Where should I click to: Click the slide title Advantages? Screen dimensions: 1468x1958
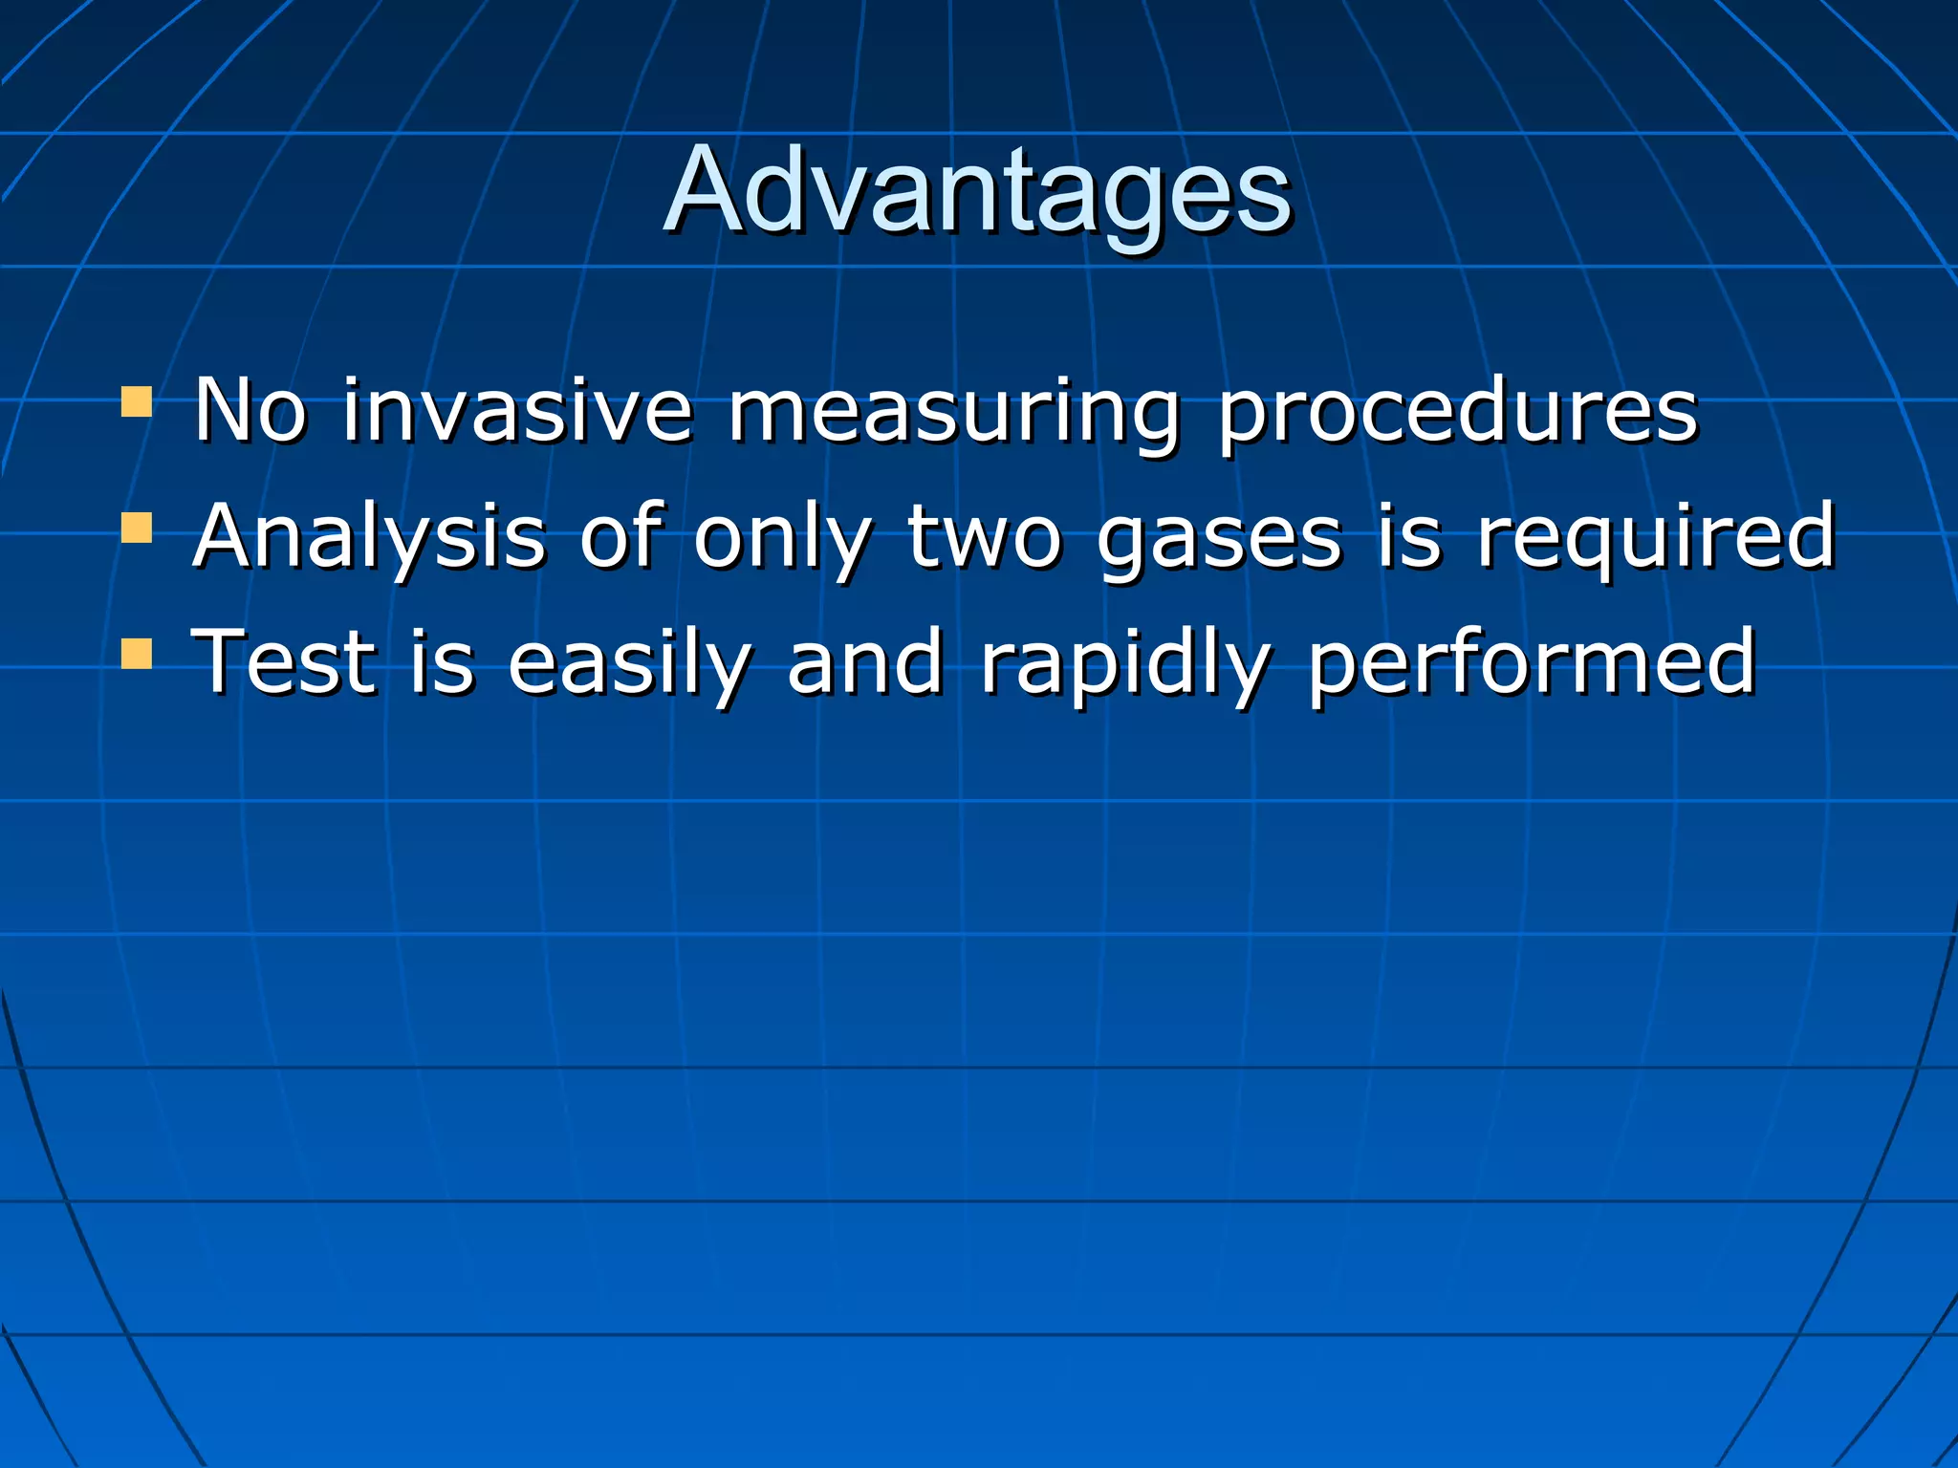tap(977, 191)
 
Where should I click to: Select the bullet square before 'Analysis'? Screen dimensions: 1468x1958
tap(137, 528)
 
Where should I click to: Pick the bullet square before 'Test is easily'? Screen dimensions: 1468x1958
tap(137, 654)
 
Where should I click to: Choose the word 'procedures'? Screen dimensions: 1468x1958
tap(1458, 413)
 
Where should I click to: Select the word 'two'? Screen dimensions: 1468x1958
tap(985, 537)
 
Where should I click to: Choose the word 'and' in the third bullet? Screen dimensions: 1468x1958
tap(866, 663)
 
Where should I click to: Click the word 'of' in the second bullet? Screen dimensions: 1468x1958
tap(621, 537)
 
